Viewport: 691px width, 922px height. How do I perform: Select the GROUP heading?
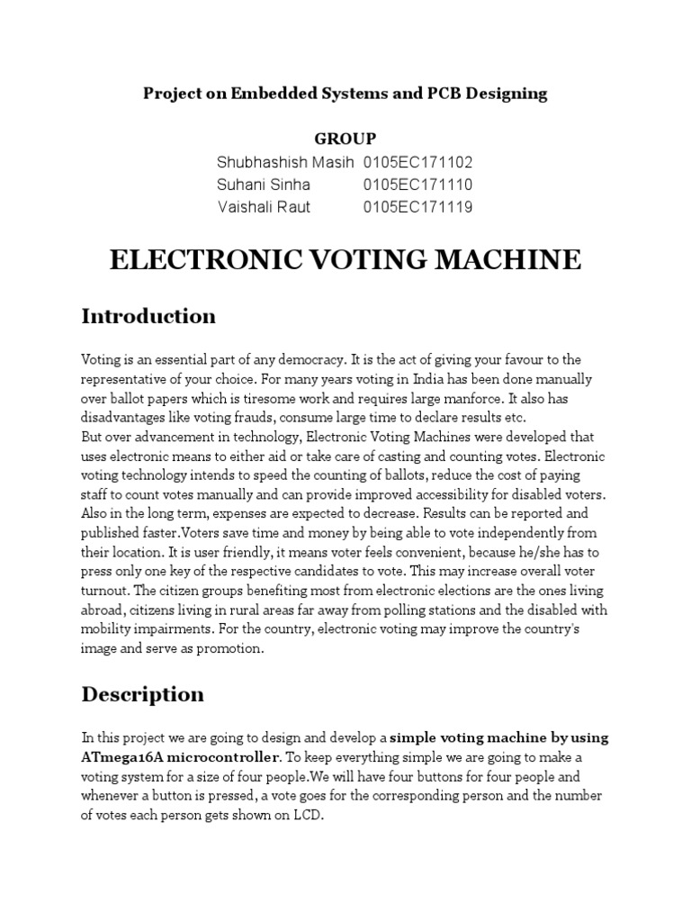345,139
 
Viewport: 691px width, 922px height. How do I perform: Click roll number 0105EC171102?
417,162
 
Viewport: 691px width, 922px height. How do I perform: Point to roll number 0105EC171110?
417,185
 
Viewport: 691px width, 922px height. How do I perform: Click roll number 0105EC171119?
417,207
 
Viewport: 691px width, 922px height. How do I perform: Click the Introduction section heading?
148,316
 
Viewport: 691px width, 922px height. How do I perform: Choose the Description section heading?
143,694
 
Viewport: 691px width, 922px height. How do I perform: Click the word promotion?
231,649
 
